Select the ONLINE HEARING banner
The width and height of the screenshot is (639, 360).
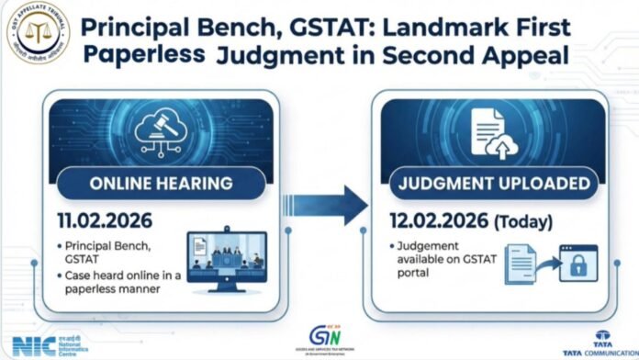click(x=161, y=183)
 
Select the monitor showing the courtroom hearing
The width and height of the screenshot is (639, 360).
click(x=226, y=258)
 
